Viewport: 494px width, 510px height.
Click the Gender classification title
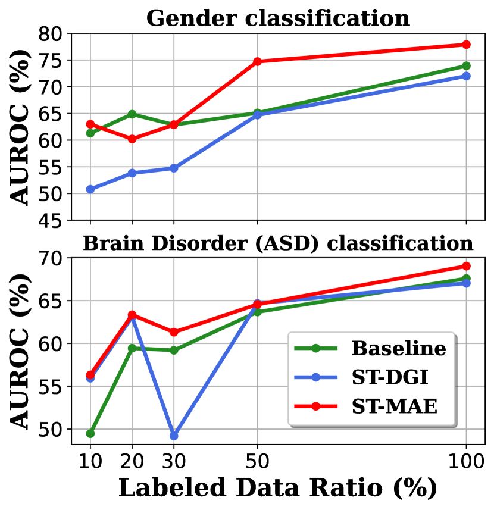pos(278,18)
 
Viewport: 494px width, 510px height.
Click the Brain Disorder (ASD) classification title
pos(278,243)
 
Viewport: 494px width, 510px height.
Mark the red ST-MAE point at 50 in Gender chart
pos(257,61)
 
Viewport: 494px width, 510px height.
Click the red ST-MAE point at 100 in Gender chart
pos(466,45)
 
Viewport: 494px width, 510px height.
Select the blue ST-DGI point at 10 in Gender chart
pos(90,189)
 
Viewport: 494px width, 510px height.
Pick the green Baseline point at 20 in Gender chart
pos(132,114)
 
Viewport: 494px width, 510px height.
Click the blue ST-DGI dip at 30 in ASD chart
pos(174,436)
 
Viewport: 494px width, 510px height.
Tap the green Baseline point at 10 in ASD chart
pos(90,433)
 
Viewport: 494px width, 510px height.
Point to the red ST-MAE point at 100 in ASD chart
pos(466,266)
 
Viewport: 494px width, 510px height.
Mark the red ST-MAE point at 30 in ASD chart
pos(174,332)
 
